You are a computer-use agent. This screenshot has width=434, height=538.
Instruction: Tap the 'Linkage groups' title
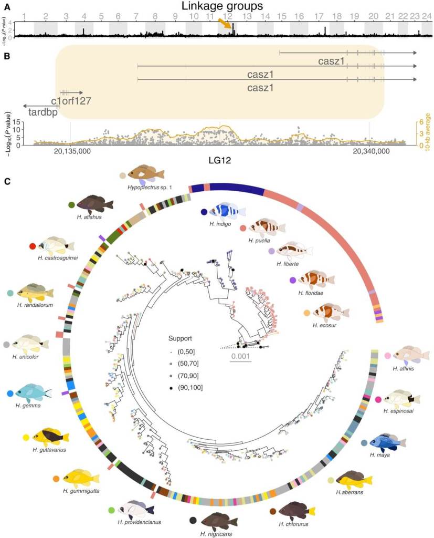pyautogui.click(x=222, y=6)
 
